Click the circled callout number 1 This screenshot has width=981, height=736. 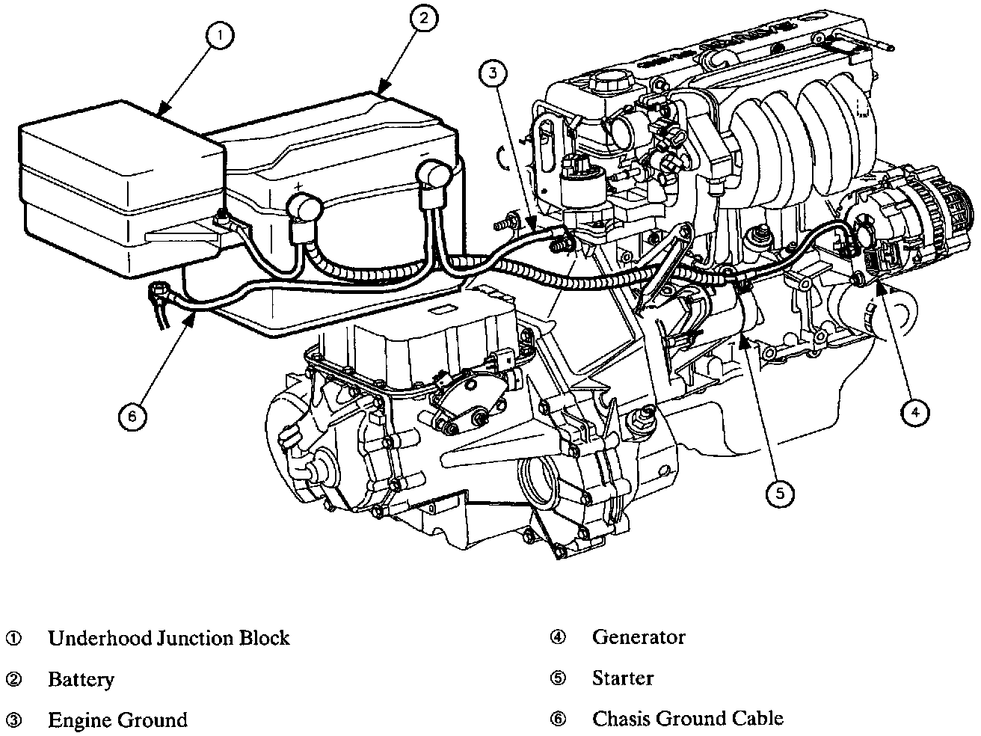[x=221, y=36]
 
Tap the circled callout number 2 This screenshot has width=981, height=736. [x=423, y=19]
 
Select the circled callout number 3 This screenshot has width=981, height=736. [x=493, y=72]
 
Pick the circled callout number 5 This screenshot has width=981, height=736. [x=780, y=492]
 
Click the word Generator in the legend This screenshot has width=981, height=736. [x=639, y=637]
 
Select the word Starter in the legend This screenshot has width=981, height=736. [x=623, y=678]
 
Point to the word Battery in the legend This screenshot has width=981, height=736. [x=82, y=679]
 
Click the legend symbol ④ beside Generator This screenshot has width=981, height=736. [x=559, y=637]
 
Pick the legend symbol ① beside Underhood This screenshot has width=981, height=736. [x=14, y=638]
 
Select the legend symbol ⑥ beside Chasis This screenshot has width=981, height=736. [x=559, y=719]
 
